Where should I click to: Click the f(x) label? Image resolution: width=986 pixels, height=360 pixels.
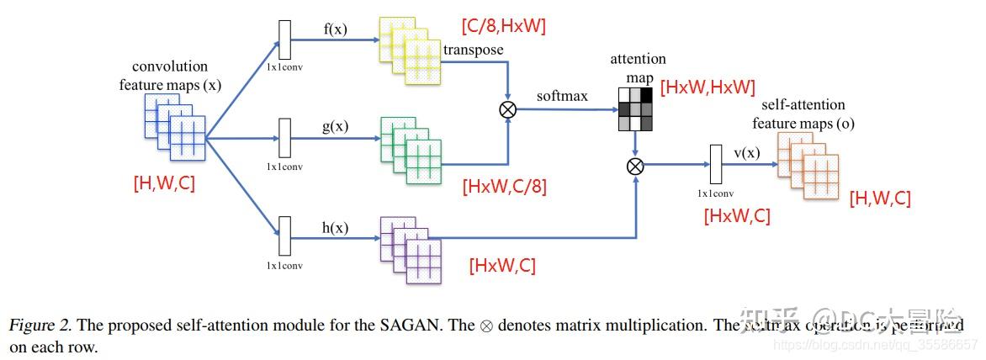335,30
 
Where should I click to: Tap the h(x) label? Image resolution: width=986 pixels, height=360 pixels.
335,228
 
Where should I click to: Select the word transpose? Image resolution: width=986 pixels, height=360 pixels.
473,50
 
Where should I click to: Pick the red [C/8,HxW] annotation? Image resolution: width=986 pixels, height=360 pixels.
503,26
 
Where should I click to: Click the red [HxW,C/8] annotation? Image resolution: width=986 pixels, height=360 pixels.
504,187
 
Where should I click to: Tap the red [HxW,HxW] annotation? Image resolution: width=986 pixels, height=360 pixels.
708,87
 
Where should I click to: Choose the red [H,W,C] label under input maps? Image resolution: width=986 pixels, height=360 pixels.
164,183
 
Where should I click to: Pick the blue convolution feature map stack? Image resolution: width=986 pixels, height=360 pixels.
174,126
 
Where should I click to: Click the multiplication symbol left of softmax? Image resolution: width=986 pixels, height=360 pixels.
507,109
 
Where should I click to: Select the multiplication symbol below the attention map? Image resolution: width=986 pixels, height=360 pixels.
636,166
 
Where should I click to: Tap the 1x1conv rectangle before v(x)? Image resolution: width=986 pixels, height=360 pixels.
717,164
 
